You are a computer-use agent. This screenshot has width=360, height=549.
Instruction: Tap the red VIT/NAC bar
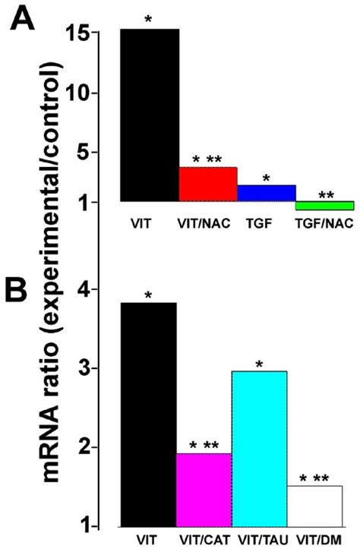(208, 185)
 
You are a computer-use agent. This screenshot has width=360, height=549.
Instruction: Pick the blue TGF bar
(266, 193)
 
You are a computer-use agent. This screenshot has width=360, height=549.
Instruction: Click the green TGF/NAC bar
(324, 206)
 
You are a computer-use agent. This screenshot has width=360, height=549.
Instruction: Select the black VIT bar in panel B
(150, 414)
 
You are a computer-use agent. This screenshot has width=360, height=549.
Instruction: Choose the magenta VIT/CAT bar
(204, 490)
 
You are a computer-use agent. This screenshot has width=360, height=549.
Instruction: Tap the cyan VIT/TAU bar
(259, 448)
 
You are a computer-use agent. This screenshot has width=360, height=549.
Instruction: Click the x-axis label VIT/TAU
(259, 541)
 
